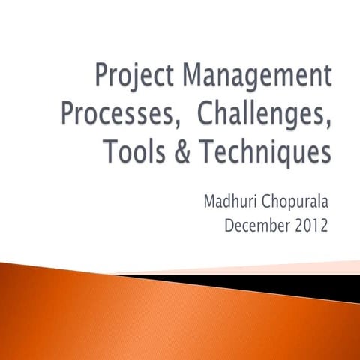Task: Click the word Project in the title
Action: click(128, 77)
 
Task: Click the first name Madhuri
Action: click(232, 202)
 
